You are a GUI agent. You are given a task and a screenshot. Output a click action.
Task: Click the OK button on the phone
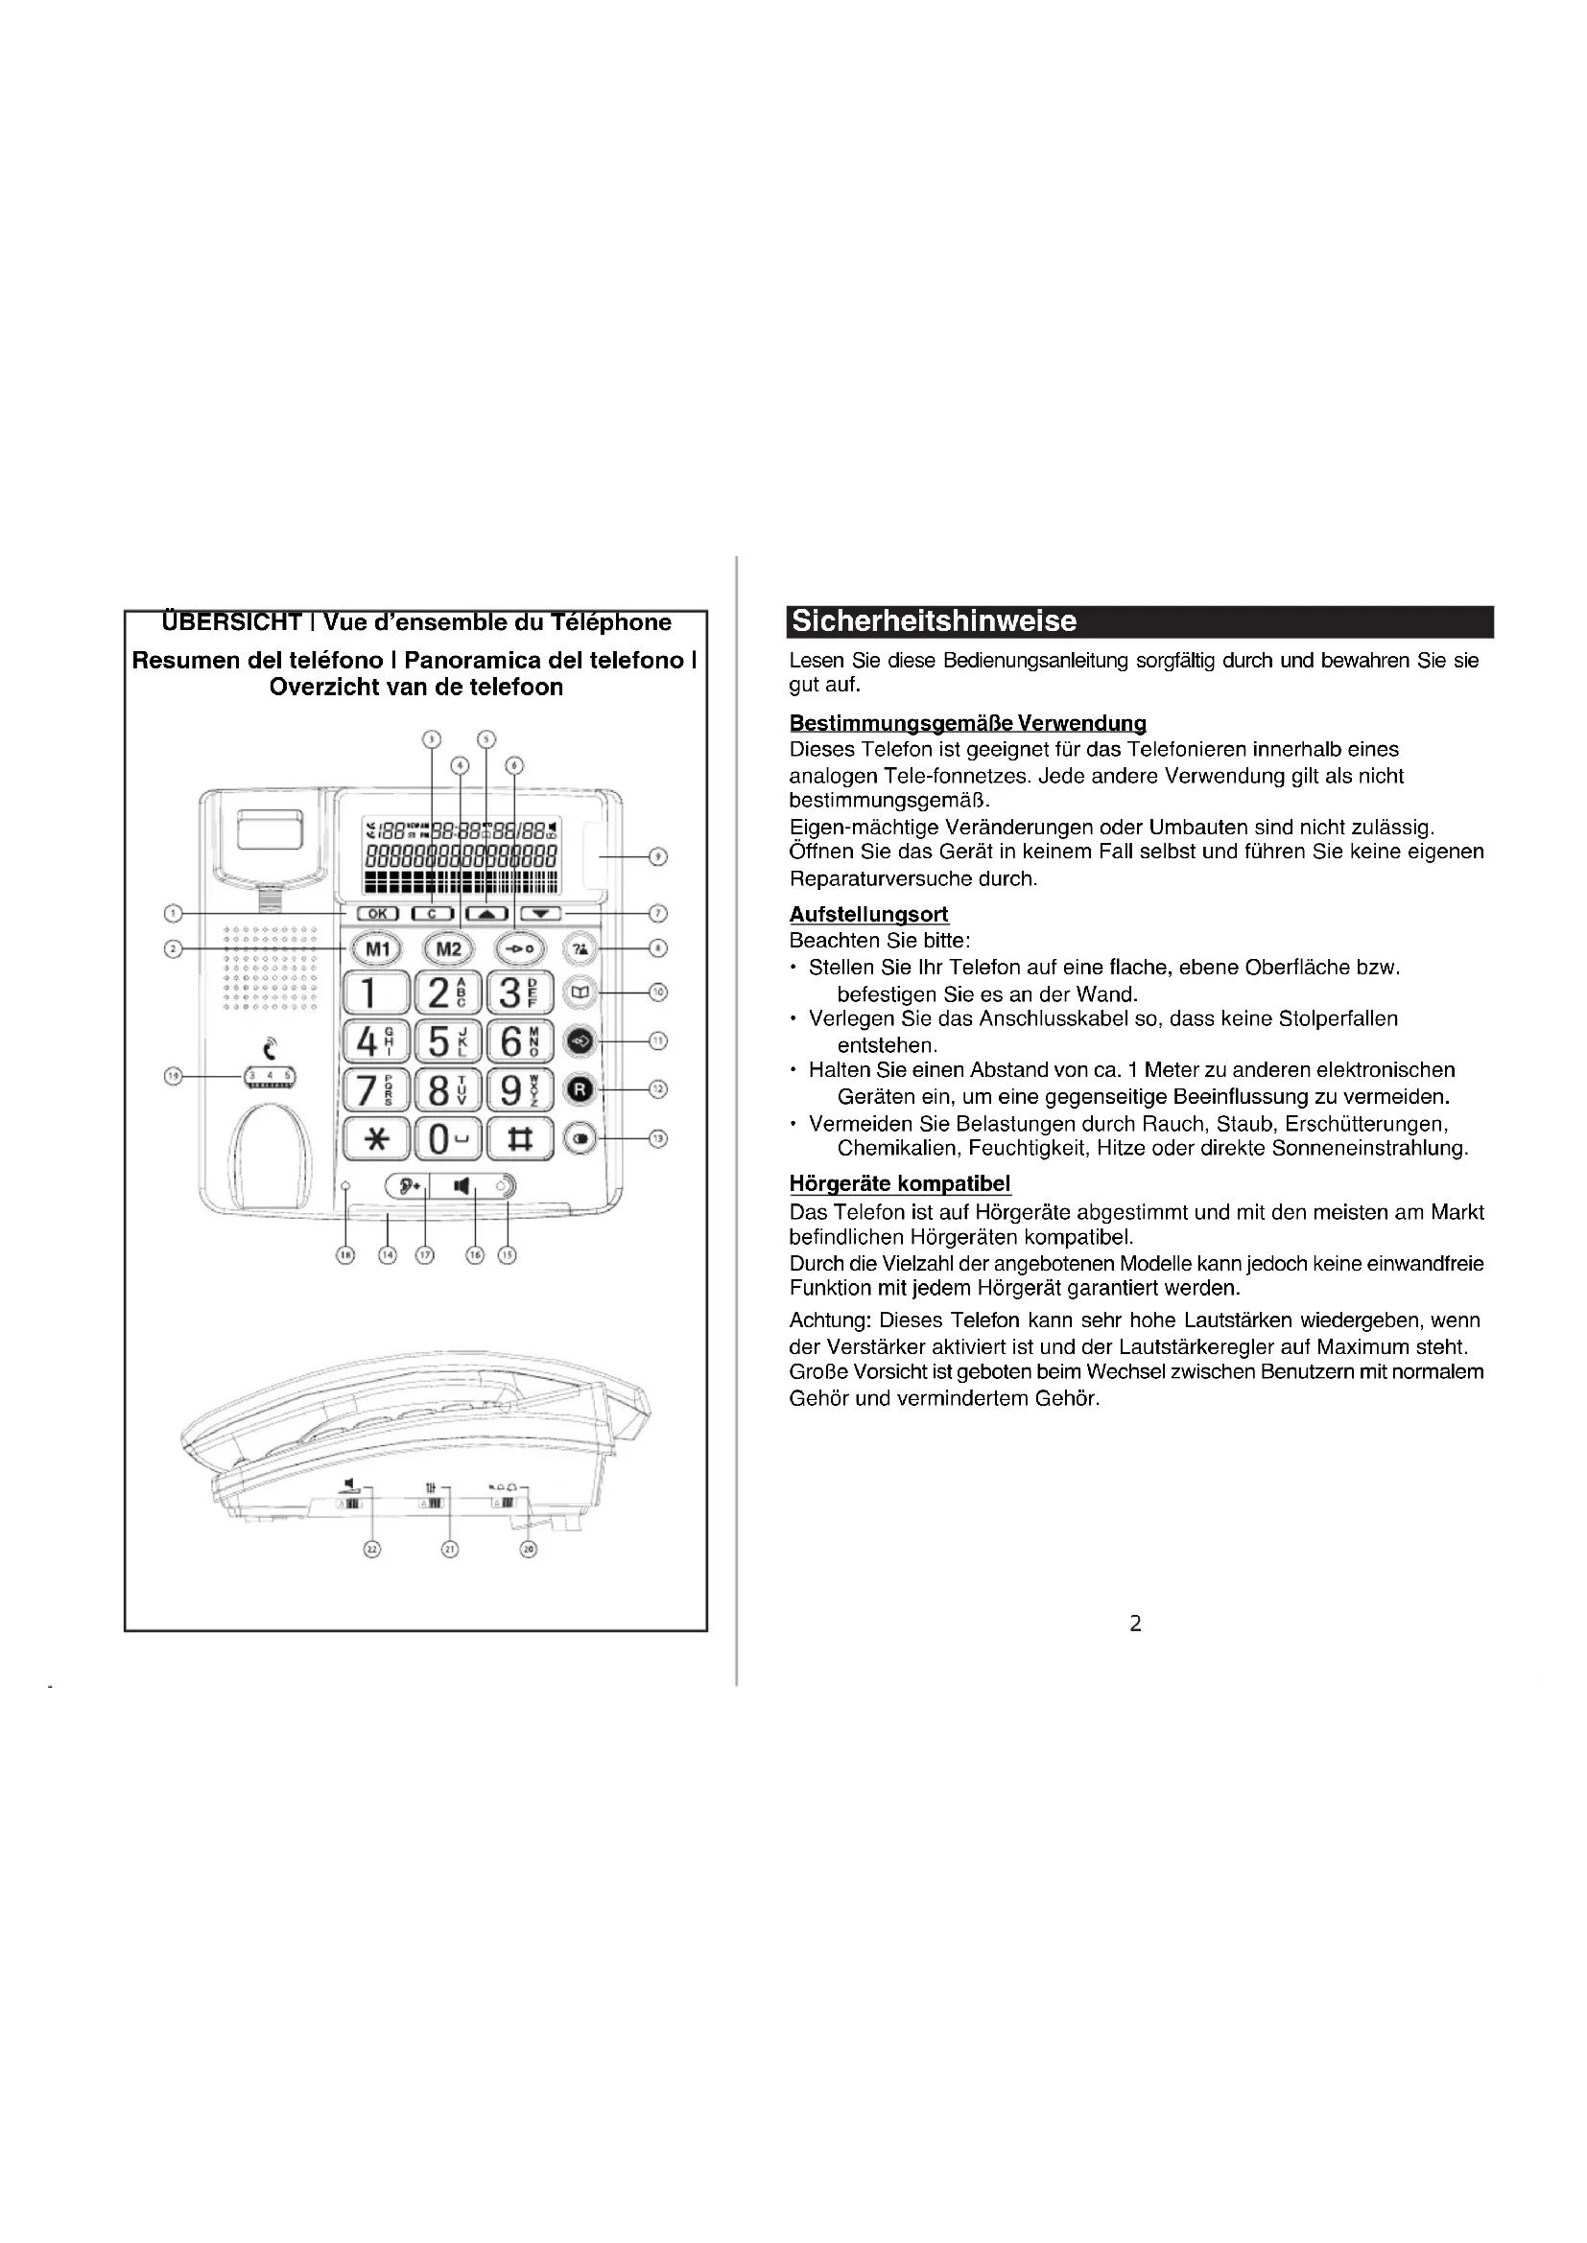click(x=376, y=914)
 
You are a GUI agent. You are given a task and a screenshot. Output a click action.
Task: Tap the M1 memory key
click(x=376, y=948)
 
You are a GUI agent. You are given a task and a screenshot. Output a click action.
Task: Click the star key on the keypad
click(x=376, y=1139)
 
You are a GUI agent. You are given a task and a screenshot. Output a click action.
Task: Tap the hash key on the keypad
click(x=519, y=1139)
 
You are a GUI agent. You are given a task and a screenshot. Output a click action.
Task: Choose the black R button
click(x=581, y=1089)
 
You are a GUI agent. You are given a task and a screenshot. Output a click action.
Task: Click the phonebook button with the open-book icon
click(x=581, y=993)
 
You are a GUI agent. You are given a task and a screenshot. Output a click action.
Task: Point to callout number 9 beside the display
click(x=658, y=856)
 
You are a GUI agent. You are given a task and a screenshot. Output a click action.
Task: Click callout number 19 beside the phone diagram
click(x=173, y=1077)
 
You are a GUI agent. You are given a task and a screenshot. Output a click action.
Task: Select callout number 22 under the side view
click(x=371, y=1549)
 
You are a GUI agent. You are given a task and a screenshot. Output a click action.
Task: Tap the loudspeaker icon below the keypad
click(x=462, y=1186)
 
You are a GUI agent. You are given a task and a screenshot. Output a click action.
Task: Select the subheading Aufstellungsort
click(x=868, y=915)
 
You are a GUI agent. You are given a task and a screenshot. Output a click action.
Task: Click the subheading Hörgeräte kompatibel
click(x=899, y=1184)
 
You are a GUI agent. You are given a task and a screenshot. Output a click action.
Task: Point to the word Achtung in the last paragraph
click(x=829, y=1320)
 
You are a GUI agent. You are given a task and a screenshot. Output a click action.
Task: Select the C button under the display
click(x=432, y=914)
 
